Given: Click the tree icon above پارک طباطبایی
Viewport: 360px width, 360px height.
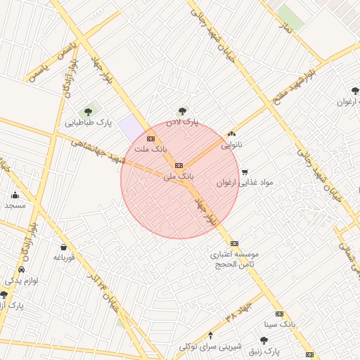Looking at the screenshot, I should (89, 110).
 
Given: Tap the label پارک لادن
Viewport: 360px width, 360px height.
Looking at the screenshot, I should (182, 122).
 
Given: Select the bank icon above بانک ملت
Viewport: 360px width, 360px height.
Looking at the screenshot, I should (150, 138).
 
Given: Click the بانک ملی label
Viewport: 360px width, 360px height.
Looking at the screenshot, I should (178, 176).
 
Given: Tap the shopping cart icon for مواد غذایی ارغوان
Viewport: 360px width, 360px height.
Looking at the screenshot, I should (245, 172).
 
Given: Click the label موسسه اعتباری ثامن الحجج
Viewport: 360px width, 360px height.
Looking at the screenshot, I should (235, 259).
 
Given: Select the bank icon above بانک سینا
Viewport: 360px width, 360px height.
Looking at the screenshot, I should (279, 314).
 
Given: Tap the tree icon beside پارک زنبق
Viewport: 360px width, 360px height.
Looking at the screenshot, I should (264, 340).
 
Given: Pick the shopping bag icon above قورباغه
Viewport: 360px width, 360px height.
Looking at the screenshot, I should (64, 247).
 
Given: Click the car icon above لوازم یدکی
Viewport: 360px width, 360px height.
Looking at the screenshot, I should (22, 269).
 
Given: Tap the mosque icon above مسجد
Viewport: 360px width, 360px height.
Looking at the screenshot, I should (15, 195).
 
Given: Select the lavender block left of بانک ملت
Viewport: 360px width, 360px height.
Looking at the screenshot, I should (130, 129).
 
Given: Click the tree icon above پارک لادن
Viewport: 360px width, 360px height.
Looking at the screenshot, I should (183, 110).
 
